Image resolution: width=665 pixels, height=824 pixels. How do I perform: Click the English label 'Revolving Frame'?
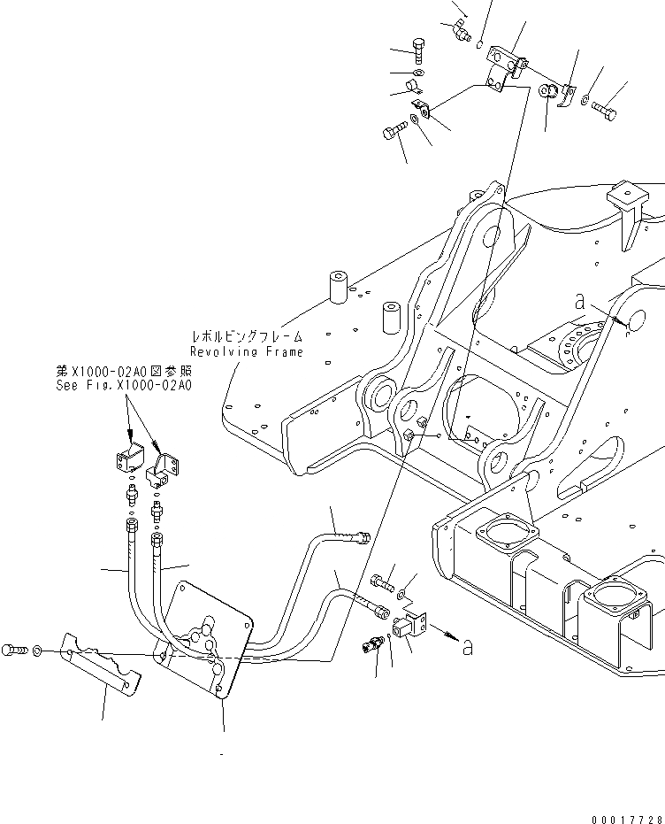247,351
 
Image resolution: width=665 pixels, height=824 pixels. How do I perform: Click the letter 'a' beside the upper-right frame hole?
580,303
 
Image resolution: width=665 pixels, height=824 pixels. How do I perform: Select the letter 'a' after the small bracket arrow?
467,648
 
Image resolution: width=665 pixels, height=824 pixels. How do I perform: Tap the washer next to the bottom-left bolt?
36,651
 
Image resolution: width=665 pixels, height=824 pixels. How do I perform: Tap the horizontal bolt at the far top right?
607,111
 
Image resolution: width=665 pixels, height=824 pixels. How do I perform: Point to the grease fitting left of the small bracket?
372,643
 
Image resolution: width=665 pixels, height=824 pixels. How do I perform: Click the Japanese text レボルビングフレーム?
247,337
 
